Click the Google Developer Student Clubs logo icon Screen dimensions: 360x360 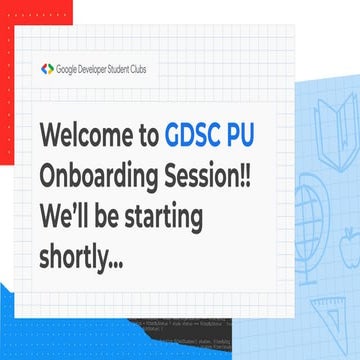(46, 69)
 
